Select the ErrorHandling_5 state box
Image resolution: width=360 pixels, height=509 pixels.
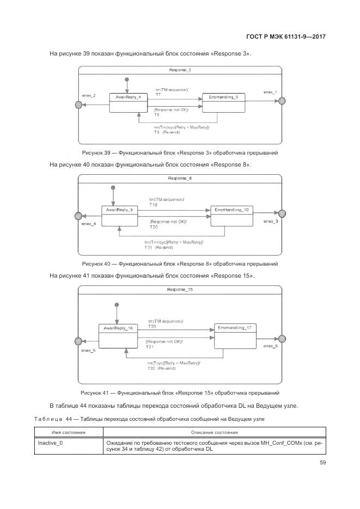coord(220,102)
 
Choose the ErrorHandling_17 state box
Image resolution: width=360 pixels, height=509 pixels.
coord(234,335)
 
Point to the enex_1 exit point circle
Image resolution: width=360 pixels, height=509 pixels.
coord(282,101)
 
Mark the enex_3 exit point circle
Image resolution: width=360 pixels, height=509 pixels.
coord(282,214)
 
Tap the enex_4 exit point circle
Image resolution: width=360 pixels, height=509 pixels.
coord(78,215)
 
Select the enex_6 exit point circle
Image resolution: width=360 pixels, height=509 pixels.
coord(78,341)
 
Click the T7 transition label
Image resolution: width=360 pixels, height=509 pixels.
coord(158,95)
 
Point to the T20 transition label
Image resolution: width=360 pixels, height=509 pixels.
coord(154,227)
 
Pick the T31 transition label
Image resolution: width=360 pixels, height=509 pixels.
coord(150,347)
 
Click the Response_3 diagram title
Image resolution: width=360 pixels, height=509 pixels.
coord(180,71)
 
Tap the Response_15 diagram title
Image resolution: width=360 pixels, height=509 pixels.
coord(180,289)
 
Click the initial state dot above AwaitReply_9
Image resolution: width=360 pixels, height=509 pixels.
coord(113,188)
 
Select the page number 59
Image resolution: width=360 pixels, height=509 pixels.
coord(322,463)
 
